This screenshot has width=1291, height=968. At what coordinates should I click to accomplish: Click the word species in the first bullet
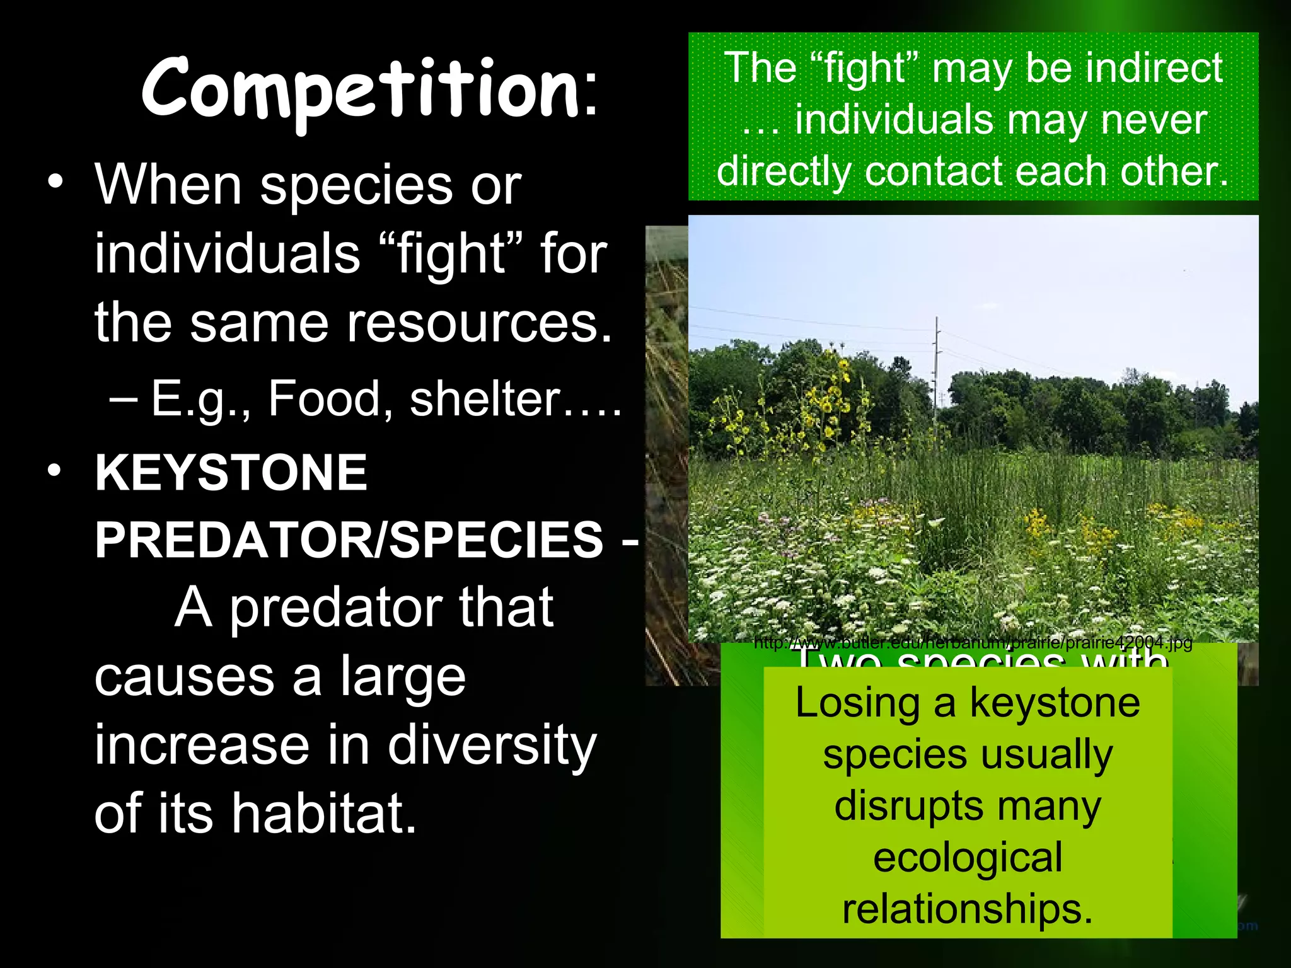(356, 187)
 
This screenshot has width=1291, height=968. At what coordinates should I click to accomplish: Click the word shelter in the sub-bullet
(485, 400)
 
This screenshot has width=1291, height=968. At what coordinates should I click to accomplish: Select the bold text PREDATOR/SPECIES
(349, 540)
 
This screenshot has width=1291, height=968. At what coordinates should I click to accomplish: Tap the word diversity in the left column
(491, 746)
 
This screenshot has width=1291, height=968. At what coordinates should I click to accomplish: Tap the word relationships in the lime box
(968, 910)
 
